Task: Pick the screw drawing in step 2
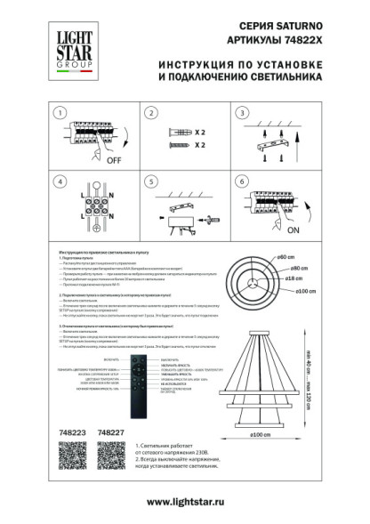(x=177, y=143)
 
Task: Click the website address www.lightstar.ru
(x=184, y=503)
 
